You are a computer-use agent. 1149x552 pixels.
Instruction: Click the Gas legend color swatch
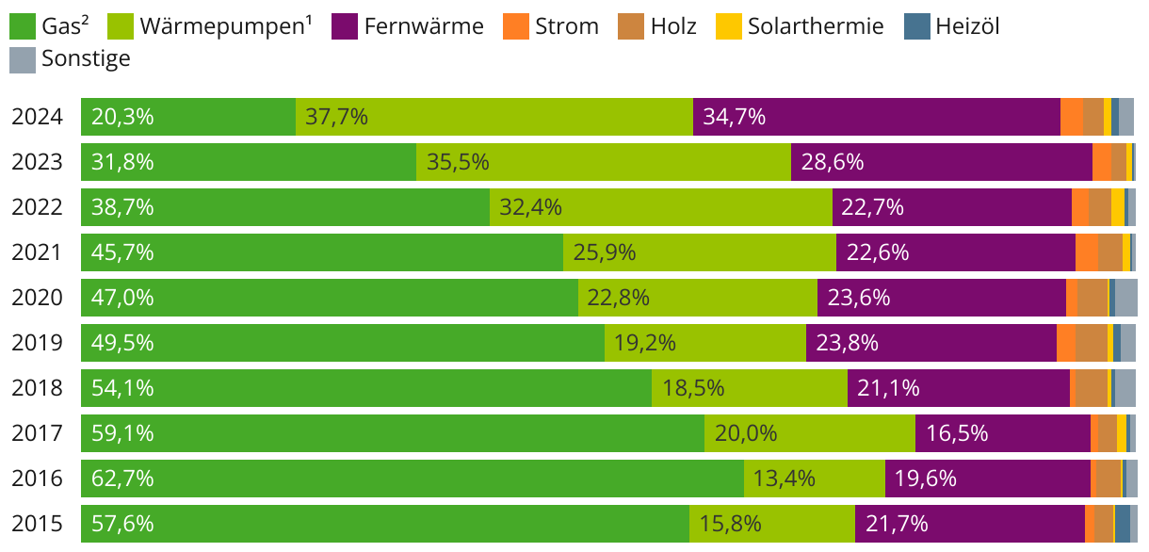[x=23, y=26]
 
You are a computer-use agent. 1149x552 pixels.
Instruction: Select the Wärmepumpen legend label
[x=226, y=26]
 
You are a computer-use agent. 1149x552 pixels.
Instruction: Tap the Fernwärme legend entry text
[x=423, y=26]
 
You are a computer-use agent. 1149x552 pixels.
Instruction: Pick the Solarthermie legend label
[x=816, y=26]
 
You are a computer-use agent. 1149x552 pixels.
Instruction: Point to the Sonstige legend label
[x=86, y=59]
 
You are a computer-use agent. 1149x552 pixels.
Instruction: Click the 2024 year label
[x=37, y=117]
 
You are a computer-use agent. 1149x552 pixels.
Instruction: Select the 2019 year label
[x=37, y=343]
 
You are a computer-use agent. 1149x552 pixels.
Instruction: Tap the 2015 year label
[x=37, y=524]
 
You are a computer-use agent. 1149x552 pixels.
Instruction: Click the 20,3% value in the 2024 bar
[x=122, y=117]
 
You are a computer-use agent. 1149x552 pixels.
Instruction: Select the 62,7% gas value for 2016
[x=122, y=479]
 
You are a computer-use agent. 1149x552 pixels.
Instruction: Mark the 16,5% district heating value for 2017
[x=957, y=433]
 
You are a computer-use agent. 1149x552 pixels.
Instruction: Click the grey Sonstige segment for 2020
[x=1126, y=298]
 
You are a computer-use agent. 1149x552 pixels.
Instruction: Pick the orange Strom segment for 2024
[x=1071, y=117]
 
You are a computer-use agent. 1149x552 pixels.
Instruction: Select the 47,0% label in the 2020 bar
[x=122, y=298]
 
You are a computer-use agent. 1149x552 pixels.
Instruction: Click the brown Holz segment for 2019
[x=1091, y=343]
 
